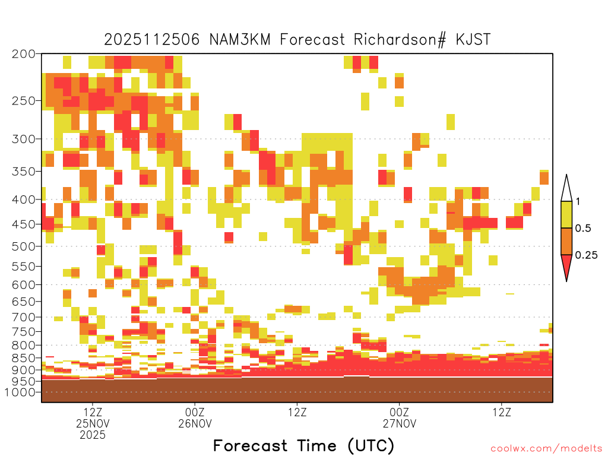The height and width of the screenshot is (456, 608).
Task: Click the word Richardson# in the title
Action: point(400,40)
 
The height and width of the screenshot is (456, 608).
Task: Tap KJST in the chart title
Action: point(473,40)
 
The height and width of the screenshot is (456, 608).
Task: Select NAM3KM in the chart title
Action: point(240,40)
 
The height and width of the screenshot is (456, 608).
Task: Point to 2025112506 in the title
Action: point(151,40)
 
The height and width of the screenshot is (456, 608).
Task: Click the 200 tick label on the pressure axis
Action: point(23,54)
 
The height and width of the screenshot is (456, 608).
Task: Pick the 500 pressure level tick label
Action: point(23,246)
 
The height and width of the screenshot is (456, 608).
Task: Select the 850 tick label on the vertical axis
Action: point(23,358)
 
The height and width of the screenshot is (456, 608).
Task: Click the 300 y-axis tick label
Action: point(23,139)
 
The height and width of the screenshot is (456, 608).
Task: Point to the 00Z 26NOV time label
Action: point(195,417)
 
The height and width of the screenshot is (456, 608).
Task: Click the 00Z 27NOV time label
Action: point(400,417)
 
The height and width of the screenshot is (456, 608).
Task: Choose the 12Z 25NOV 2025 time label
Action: point(93,423)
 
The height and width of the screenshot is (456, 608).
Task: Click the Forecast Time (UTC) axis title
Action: point(303,446)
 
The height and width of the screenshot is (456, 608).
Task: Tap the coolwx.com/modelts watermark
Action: point(546,449)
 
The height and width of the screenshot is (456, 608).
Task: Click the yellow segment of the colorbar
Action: point(566,214)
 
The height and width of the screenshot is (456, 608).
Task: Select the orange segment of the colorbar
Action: point(566,241)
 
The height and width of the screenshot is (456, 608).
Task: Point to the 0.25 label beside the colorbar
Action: point(586,255)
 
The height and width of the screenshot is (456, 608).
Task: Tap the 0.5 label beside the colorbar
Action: point(583,229)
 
